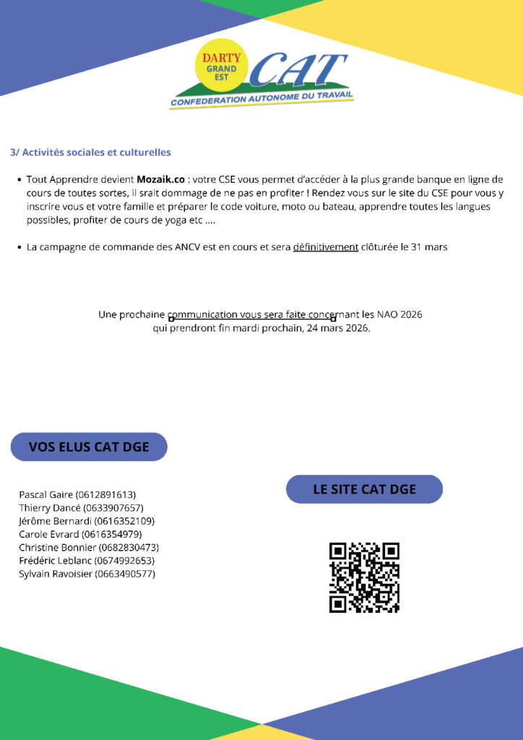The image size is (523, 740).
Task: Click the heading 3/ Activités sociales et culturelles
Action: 90,152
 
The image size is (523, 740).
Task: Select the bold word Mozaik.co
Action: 160,179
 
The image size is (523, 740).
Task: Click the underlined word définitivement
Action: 325,247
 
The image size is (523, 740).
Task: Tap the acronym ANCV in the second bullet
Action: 191,247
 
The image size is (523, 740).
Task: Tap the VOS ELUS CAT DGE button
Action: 89,447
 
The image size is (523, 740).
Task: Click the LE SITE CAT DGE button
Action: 364,489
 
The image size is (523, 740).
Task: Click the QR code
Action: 364,577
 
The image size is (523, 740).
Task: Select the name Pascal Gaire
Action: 46,495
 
